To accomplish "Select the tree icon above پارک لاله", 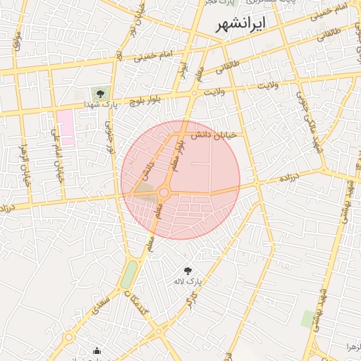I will click(x=188, y=271).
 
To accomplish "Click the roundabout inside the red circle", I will click(x=164, y=192).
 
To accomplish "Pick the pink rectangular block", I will click(x=66, y=123).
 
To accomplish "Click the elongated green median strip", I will click(x=129, y=274).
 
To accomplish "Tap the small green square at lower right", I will click(x=309, y=319).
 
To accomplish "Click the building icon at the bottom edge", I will click(x=97, y=350).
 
